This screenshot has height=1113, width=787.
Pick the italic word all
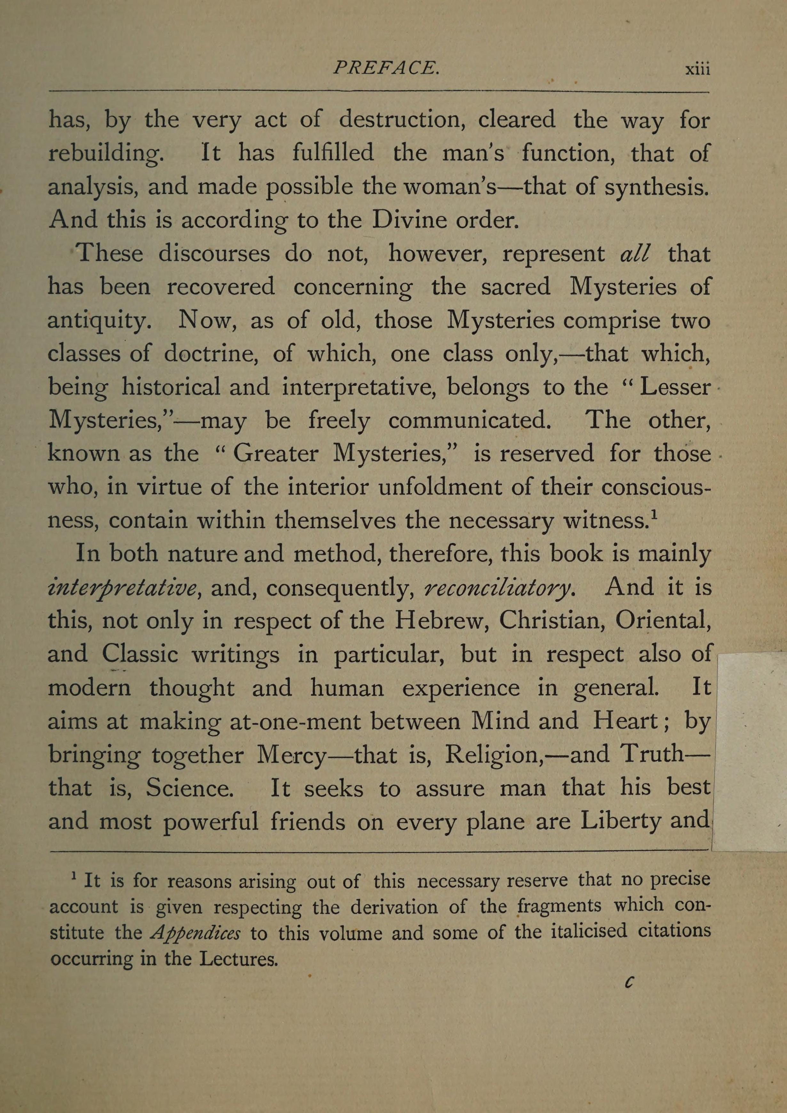coord(635,254)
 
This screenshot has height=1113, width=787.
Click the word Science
coord(190,788)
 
